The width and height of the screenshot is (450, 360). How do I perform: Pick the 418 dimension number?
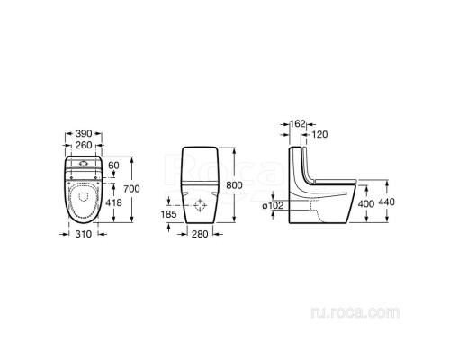(x=115, y=202)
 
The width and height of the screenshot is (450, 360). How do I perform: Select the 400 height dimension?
(x=364, y=204)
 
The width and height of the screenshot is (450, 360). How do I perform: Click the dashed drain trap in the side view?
(x=315, y=209)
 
